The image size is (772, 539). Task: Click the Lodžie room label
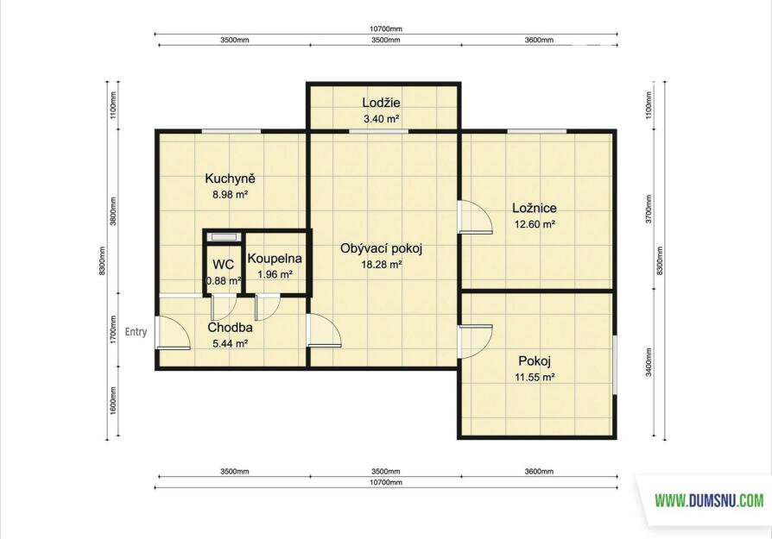(x=381, y=103)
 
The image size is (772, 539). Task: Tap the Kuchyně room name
(x=230, y=179)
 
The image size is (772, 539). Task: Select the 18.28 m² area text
(x=382, y=265)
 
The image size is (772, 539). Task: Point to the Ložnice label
(x=535, y=208)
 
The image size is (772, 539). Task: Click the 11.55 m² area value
(x=535, y=378)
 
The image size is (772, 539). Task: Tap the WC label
(x=223, y=265)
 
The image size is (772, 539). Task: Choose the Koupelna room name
(x=275, y=258)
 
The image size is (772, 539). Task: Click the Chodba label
(x=230, y=328)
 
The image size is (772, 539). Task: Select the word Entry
(x=136, y=332)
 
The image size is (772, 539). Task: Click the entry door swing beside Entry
(x=174, y=332)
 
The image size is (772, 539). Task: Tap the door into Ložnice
(x=475, y=216)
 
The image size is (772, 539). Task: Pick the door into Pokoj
(x=475, y=342)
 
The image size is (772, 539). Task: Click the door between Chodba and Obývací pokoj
(x=324, y=330)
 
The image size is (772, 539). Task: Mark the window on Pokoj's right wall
(x=615, y=365)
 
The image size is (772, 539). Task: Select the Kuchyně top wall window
(x=231, y=131)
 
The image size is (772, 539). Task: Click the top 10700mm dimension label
(x=386, y=29)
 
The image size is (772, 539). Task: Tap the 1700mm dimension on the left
(x=113, y=329)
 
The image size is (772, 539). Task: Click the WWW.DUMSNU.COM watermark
(x=710, y=501)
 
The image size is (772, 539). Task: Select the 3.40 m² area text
(x=381, y=118)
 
